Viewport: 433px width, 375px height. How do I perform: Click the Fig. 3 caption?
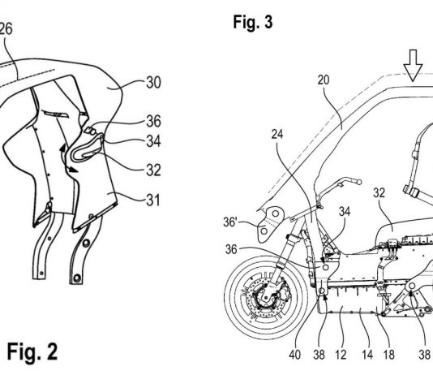tap(253, 22)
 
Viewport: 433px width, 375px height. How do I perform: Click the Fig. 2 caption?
tap(32, 351)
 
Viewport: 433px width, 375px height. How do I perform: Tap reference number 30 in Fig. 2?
tap(153, 82)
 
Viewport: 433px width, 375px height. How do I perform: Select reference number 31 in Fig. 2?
tap(153, 200)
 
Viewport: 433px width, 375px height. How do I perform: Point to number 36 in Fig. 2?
tap(153, 121)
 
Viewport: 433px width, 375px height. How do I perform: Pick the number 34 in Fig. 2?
tap(153, 141)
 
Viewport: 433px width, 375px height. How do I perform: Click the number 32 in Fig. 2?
tap(153, 170)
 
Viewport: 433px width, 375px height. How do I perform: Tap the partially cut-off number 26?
tap(6, 28)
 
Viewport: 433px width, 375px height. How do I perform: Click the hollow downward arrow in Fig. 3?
tap(413, 65)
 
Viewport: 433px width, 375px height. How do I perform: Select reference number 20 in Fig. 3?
tap(324, 80)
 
